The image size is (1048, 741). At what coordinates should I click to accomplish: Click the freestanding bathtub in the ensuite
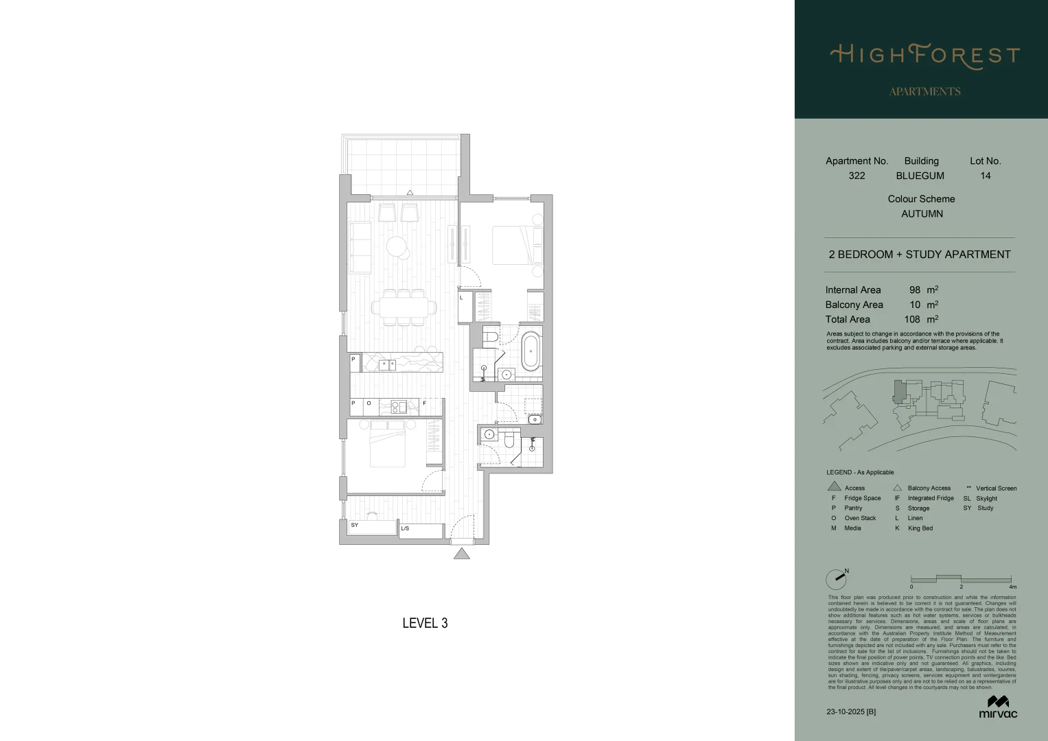point(531,351)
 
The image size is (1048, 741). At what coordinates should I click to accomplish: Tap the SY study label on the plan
point(354,525)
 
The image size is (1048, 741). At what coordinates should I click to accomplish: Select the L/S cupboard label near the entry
point(405,528)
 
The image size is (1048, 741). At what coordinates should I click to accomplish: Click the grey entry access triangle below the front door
point(462,554)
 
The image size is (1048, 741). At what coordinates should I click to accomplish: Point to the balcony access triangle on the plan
point(410,193)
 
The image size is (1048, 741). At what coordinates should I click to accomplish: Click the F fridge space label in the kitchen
point(424,403)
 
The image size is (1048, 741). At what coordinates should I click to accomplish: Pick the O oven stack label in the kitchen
point(369,403)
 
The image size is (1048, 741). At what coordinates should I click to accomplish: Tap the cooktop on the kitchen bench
point(399,407)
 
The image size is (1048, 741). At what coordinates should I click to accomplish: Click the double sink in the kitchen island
point(387,365)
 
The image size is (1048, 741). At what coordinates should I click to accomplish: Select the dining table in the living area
point(404,307)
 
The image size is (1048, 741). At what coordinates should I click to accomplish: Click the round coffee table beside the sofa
point(397,246)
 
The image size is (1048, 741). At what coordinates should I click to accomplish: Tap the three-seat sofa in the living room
point(360,247)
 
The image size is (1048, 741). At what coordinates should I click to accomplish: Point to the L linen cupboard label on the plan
point(461,298)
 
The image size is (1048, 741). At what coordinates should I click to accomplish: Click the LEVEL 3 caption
point(425,623)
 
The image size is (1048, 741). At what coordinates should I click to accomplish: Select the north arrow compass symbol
point(837,579)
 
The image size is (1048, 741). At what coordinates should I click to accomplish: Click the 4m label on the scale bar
point(1012,587)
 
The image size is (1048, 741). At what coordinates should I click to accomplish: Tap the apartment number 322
point(857,176)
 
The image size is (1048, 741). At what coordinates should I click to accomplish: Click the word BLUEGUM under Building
point(920,176)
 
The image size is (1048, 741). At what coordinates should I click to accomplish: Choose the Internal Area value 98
point(914,290)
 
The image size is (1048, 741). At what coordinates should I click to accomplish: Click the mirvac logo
point(998,707)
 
